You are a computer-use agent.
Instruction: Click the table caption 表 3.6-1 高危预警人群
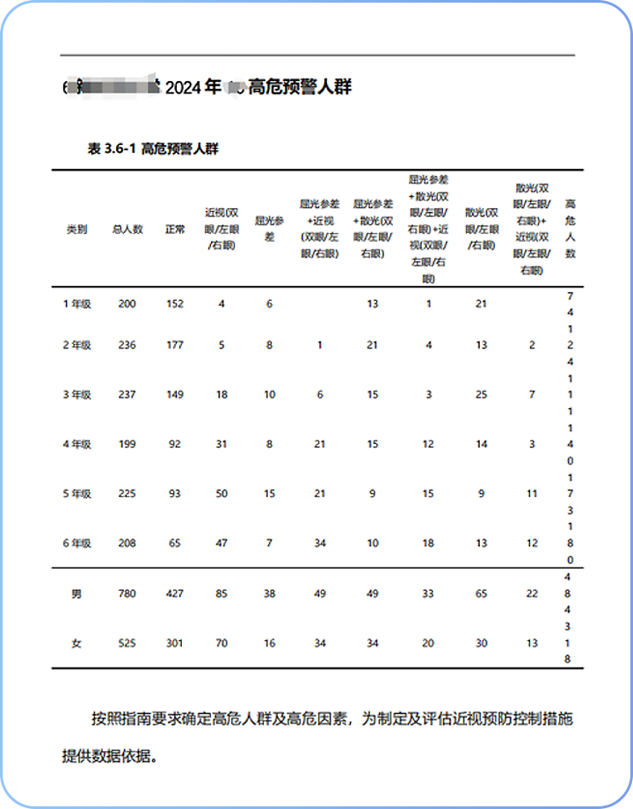pos(153,149)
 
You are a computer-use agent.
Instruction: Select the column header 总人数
pos(127,230)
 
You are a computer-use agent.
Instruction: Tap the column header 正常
pos(175,230)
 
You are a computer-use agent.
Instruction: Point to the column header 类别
pos(76,230)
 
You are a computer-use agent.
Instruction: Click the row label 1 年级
pos(76,303)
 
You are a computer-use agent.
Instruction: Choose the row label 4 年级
pos(76,444)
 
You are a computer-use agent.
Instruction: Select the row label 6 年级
pos(76,543)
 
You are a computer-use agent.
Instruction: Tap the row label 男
pos(76,594)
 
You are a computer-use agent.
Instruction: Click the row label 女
pos(76,644)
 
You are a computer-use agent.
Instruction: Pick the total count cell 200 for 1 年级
pos(127,303)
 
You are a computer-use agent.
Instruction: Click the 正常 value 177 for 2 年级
pos(175,346)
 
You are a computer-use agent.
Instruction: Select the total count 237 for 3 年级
pos(127,395)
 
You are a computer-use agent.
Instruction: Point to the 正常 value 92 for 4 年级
pos(175,444)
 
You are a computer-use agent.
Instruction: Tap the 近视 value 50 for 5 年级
pos(222,493)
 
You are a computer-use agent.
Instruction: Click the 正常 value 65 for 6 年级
pos(175,543)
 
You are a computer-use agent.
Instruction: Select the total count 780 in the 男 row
pos(127,594)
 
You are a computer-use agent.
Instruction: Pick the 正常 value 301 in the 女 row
pos(175,644)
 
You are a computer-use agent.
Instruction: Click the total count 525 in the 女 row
pos(127,644)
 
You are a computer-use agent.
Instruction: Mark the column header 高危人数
pos(570,229)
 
